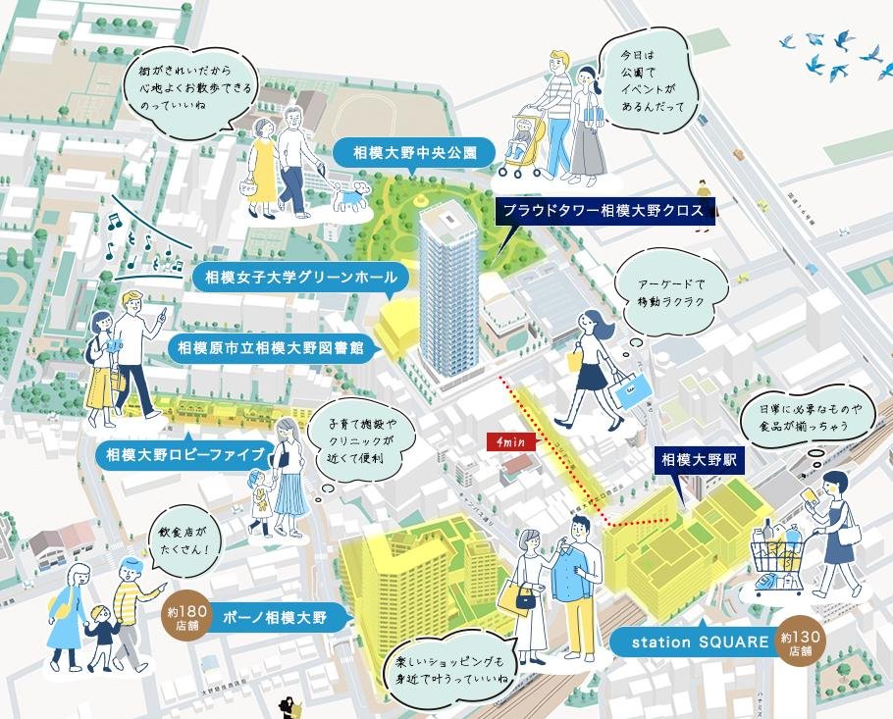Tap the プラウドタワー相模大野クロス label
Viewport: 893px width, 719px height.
[605, 210]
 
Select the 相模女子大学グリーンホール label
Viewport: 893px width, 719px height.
[293, 278]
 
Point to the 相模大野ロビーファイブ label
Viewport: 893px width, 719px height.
[185, 455]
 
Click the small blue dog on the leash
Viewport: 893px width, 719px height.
[349, 196]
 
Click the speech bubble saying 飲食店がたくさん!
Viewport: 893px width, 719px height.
[184, 540]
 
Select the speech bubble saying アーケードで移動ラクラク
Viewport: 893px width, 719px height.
[672, 291]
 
